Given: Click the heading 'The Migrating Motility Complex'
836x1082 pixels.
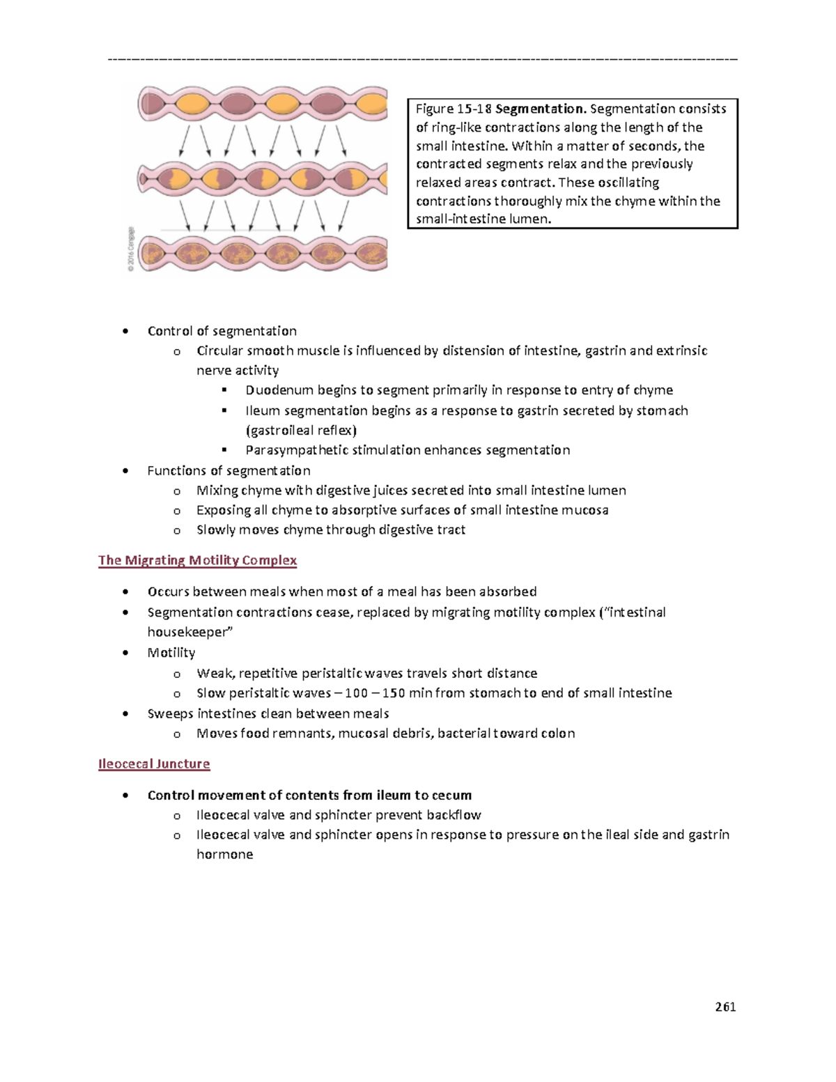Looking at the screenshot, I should (x=197, y=560).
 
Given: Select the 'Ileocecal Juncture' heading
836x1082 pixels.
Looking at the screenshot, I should (x=154, y=764).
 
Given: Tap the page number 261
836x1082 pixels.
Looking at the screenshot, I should (x=725, y=1006).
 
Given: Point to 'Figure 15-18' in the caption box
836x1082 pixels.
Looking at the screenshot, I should (x=454, y=109).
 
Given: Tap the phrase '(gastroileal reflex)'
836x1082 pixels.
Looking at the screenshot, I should (x=301, y=431).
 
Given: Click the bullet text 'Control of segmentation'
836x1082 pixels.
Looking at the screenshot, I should (x=222, y=331).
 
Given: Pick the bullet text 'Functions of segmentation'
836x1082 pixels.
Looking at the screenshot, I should (x=229, y=471).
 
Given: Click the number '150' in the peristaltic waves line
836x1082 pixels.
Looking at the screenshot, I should (x=393, y=693).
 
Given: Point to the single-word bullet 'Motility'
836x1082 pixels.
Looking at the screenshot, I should (x=171, y=653).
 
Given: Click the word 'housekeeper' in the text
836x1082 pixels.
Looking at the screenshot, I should (x=187, y=632).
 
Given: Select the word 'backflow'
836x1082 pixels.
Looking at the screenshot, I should (x=454, y=815).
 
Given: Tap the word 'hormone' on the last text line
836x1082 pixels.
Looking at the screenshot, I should (x=224, y=854).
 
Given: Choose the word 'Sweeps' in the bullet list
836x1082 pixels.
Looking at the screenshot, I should (x=170, y=713).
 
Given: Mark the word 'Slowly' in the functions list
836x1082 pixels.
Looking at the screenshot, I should (x=216, y=530).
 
